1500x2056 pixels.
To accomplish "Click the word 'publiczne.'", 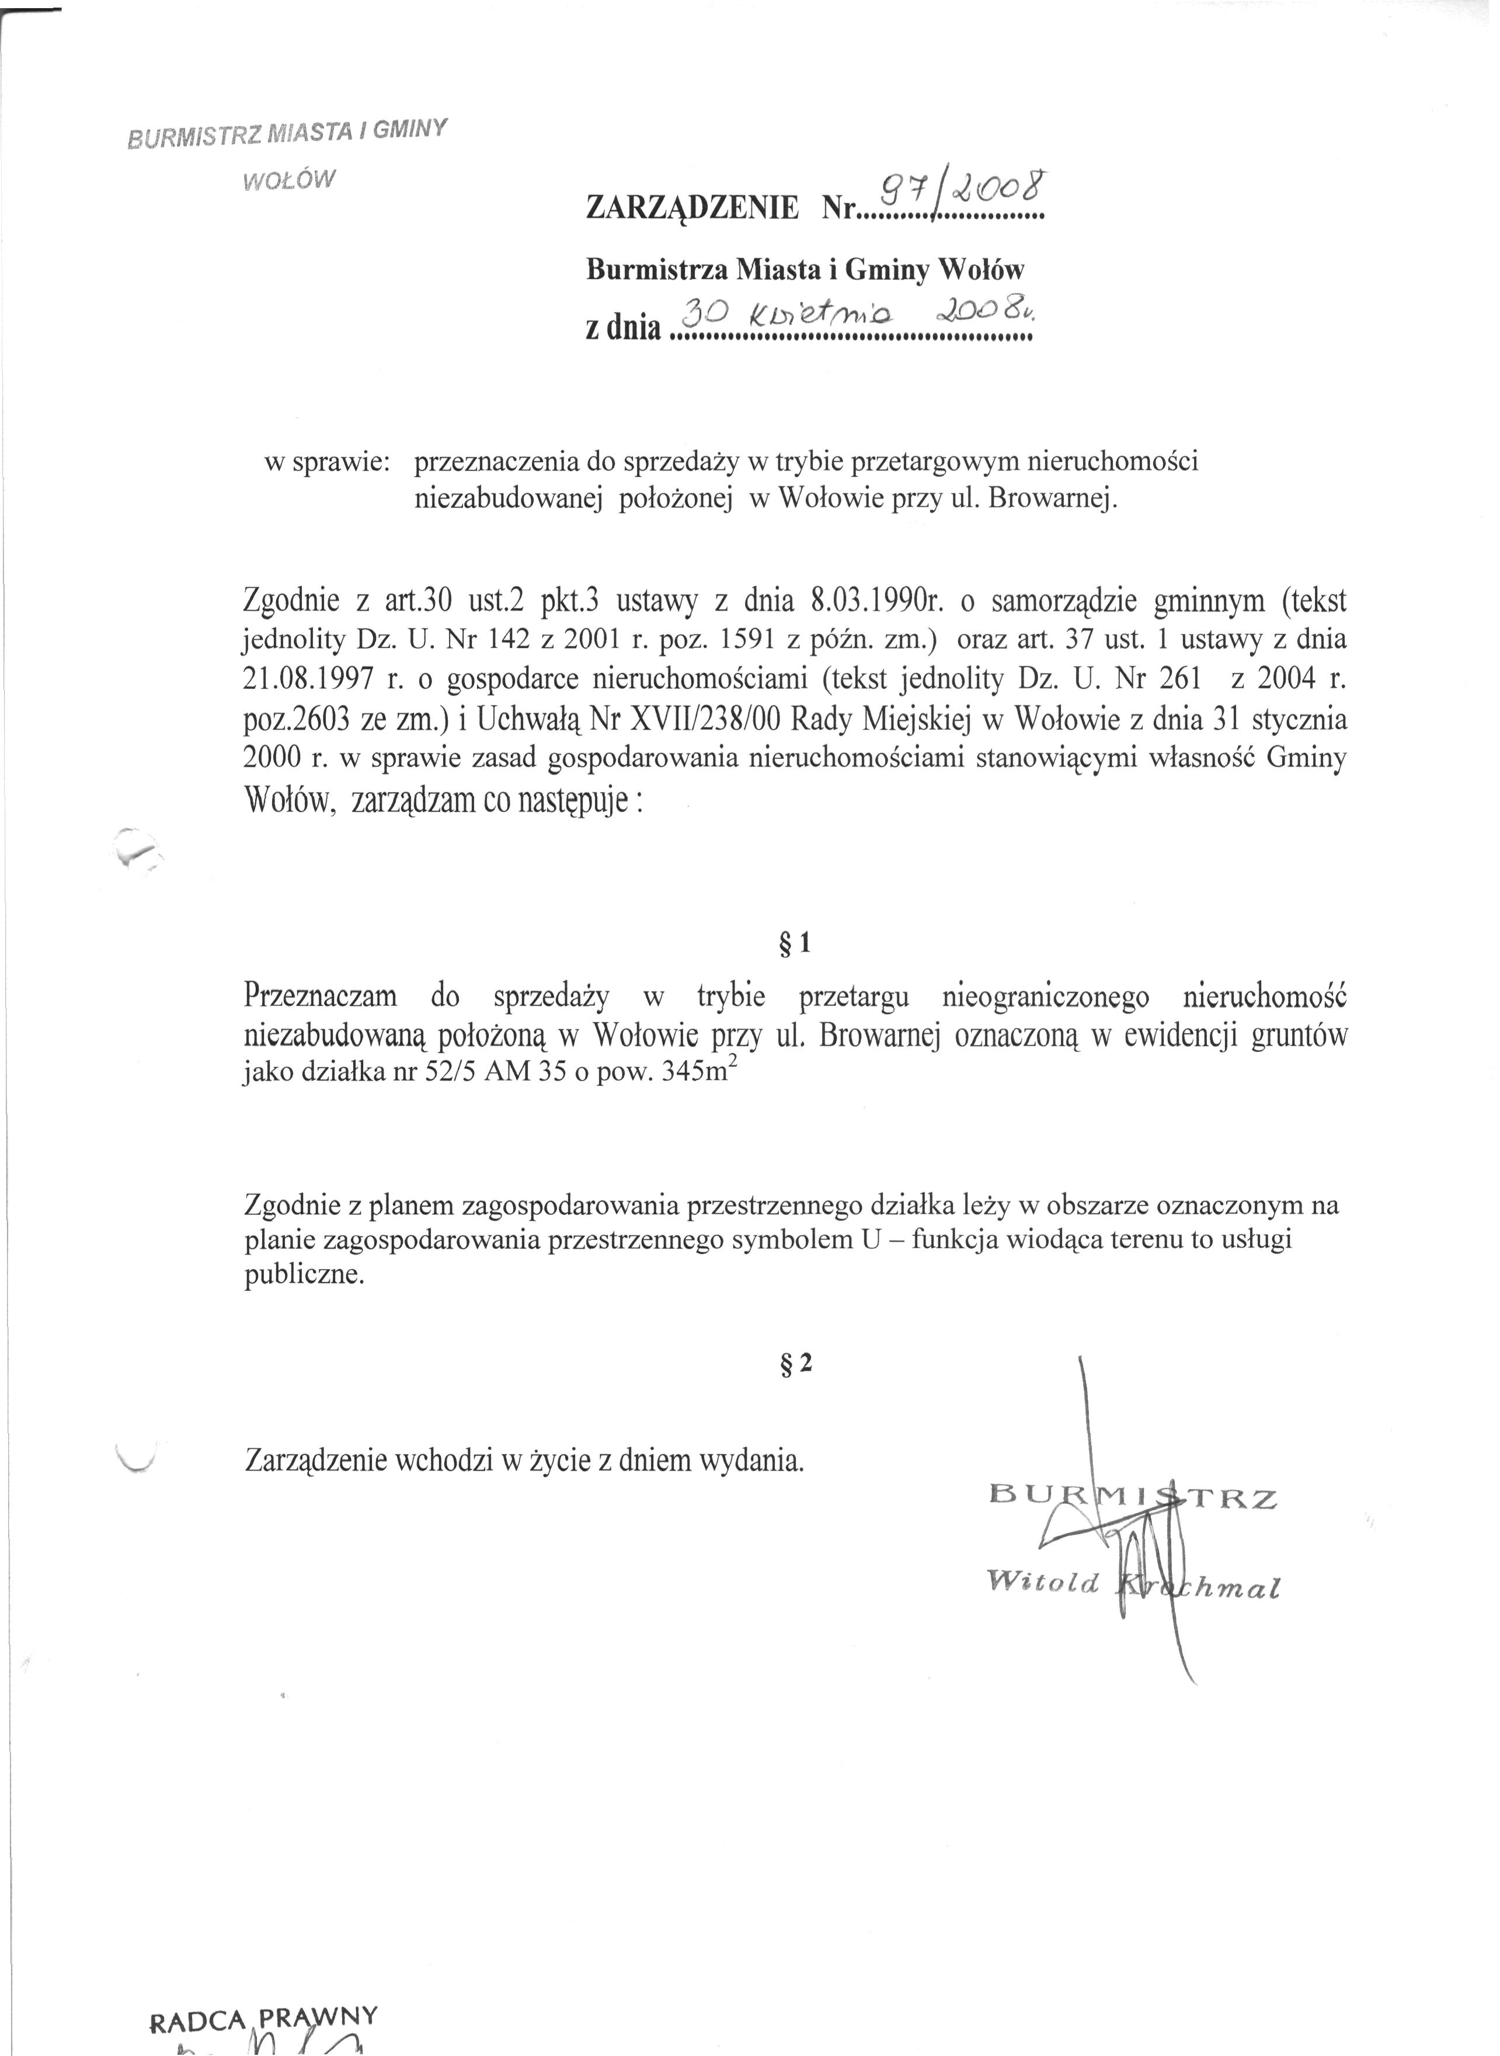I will coord(304,1276).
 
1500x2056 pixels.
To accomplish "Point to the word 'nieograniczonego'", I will coord(1046,996).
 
